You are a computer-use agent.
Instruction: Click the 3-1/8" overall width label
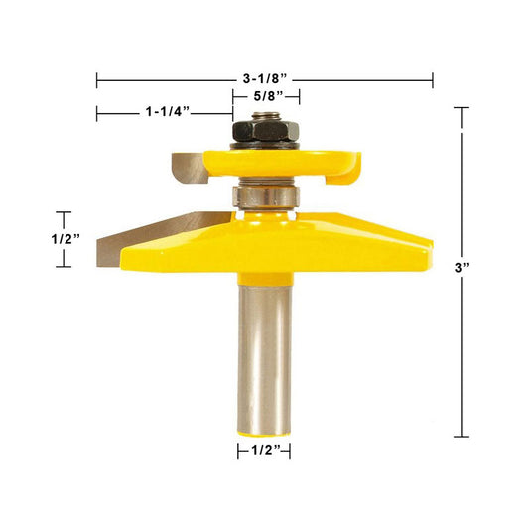click(265, 79)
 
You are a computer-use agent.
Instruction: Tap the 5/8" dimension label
click(269, 97)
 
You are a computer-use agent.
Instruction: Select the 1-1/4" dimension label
click(168, 112)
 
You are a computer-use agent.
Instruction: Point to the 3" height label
click(462, 268)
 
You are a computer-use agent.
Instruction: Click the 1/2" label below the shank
click(266, 450)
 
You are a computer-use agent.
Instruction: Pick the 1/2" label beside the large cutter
click(66, 239)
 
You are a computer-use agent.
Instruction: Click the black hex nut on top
click(266, 132)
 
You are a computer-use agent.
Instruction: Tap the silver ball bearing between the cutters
click(266, 197)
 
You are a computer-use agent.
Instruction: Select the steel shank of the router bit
click(264, 359)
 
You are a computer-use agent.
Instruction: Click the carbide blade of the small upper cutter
click(190, 168)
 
